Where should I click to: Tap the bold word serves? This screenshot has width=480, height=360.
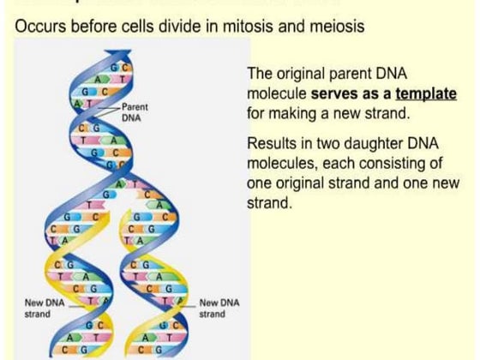324,93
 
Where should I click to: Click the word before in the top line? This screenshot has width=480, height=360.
89,27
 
